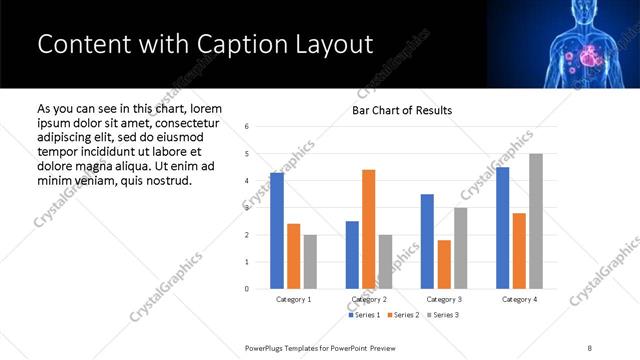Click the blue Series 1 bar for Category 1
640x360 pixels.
pos(277,231)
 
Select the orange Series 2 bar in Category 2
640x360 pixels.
pos(368,229)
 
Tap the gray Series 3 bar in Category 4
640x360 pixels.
pos(536,221)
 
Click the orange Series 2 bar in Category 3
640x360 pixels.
pos(444,264)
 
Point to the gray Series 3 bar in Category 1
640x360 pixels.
pos(311,262)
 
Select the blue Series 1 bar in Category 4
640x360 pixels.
pos(502,228)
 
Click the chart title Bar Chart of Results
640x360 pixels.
pos(402,110)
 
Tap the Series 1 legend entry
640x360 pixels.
pos(364,315)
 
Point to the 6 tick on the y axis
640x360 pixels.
pos(247,127)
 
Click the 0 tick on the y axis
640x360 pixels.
pos(247,289)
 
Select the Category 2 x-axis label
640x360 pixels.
pos(370,299)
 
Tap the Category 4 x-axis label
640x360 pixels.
pos(519,299)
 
